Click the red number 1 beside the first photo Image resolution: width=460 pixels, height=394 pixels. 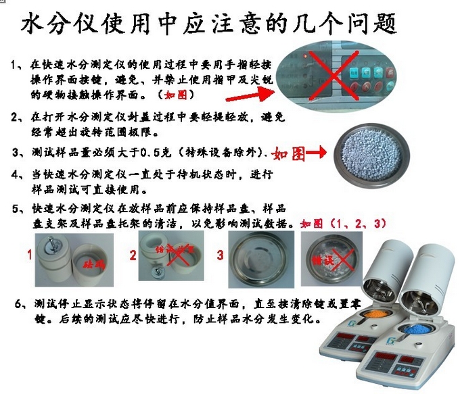pyautogui.click(x=29, y=255)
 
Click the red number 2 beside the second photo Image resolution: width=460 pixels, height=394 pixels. pyautogui.click(x=133, y=255)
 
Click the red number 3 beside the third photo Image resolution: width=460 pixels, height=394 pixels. pyautogui.click(x=221, y=255)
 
